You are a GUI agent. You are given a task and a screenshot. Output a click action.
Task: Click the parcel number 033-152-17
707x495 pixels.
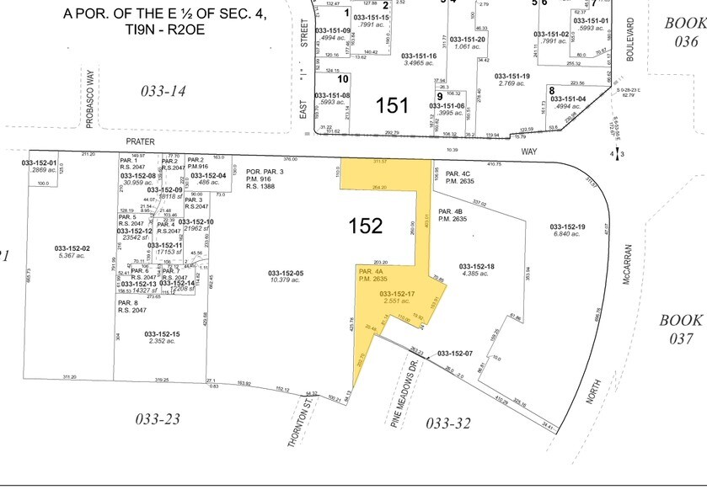(x=399, y=294)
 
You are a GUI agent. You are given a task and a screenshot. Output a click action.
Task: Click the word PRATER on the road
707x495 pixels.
(x=142, y=143)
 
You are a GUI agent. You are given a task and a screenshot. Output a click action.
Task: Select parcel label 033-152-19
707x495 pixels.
(x=567, y=226)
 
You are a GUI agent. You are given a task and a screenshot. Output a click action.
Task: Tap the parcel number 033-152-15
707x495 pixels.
(x=160, y=334)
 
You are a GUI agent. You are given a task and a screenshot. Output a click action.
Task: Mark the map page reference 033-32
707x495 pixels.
(x=448, y=423)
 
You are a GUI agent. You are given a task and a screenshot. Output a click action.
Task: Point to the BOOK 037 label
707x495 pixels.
(x=680, y=329)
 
